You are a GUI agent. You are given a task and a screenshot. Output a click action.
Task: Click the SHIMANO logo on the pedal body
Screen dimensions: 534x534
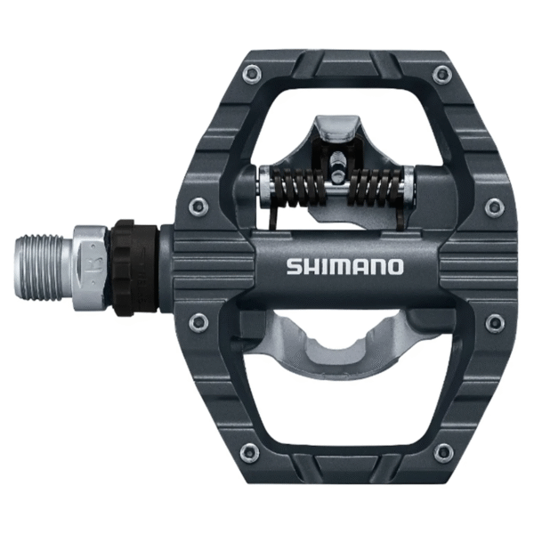click(x=344, y=266)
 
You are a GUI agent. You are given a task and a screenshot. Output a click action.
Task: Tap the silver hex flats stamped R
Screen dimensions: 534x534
click(x=92, y=263)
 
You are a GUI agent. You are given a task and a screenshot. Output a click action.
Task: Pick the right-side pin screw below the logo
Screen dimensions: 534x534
click(x=494, y=321)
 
